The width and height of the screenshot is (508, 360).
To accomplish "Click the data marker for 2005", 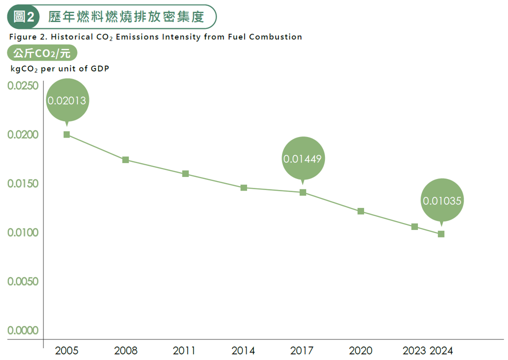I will tap(66, 134).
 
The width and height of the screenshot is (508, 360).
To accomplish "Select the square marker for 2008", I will tap(125, 160).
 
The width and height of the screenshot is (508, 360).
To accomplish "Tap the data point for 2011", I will tap(185, 174).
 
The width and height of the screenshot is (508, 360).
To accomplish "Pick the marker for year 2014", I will tap(243, 188).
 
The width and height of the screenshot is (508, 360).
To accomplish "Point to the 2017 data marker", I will tap(302, 192).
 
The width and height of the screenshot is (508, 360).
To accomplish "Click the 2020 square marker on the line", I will tap(360, 211).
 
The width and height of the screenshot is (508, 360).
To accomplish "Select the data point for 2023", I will tap(414, 226).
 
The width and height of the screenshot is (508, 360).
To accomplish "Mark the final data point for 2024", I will tap(441, 234).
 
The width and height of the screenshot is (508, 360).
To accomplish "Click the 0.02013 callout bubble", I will tap(66, 100).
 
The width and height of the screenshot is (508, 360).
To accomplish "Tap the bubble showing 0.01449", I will tap(302, 159).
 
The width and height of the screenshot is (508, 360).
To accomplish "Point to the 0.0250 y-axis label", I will tap(23, 86).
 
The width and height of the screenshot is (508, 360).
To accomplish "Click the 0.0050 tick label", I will tap(23, 281).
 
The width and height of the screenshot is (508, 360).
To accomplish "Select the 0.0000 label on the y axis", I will tap(23, 330).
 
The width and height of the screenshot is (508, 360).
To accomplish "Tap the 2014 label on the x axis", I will tap(243, 350).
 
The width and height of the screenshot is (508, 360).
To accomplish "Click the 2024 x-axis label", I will tap(441, 350).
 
